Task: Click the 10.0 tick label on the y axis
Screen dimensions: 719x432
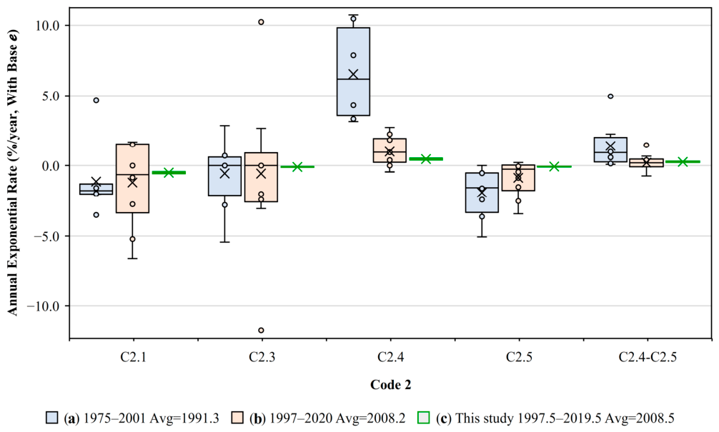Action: (x=48, y=26)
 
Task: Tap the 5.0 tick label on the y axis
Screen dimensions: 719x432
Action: (x=51, y=96)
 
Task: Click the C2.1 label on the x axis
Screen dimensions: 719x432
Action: (x=134, y=357)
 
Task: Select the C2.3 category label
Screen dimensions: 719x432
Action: (x=262, y=357)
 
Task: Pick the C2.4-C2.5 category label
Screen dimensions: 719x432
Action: (x=648, y=357)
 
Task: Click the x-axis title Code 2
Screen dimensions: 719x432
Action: (x=391, y=385)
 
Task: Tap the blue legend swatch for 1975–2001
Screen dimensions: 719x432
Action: (x=51, y=418)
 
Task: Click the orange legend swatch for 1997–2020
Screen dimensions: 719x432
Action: (x=237, y=418)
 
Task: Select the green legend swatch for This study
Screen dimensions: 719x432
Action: (x=424, y=418)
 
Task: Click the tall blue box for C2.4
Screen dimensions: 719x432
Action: (x=353, y=71)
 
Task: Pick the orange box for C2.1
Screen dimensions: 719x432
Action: (x=132, y=179)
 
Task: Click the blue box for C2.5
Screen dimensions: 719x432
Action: (x=482, y=192)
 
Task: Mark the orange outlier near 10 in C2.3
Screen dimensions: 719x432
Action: (x=261, y=22)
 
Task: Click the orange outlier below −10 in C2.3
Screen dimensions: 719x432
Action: (x=261, y=331)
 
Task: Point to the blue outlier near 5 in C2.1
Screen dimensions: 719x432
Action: (x=96, y=101)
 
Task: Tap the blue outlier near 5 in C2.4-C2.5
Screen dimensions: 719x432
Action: (x=610, y=96)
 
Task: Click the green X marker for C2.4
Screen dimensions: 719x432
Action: (x=426, y=159)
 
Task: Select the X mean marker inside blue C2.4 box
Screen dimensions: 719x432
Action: (x=353, y=74)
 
